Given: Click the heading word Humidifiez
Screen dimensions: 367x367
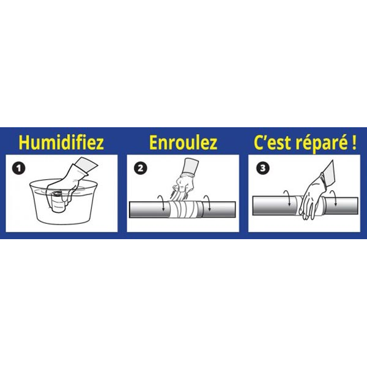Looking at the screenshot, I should [61, 143].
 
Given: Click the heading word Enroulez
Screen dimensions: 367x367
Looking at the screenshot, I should [183, 143].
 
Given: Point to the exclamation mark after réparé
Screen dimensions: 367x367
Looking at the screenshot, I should [353, 143].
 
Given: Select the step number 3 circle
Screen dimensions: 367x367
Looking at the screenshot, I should [262, 168].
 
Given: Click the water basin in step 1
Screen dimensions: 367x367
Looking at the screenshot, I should [61, 208].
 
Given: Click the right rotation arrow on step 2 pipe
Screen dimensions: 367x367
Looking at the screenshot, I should [209, 204].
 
